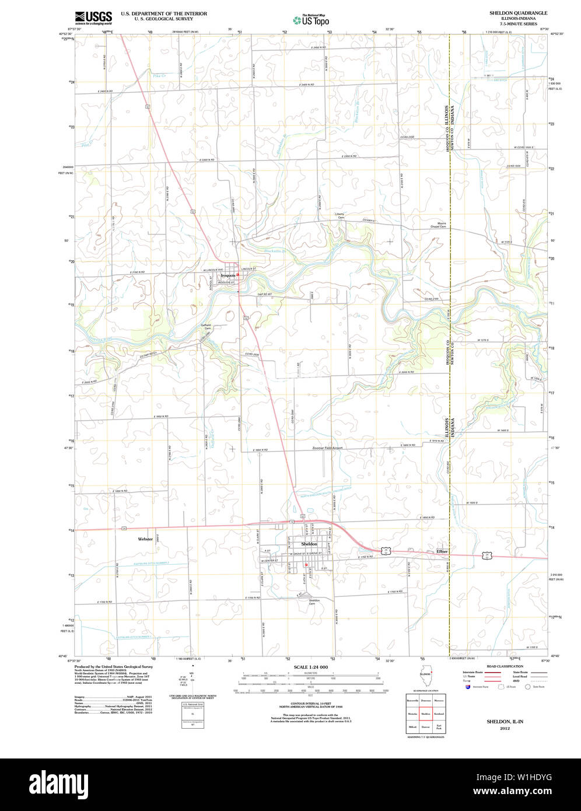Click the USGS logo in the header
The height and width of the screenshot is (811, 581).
[x=93, y=18]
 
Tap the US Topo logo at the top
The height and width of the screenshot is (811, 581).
[x=311, y=20]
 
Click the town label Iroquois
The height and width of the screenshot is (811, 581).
[x=228, y=275]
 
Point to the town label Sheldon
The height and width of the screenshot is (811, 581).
[x=309, y=544]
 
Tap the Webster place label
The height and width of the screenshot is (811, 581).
[x=145, y=539]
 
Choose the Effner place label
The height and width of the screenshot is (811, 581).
[x=442, y=551]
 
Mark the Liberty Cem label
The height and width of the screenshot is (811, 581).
[x=340, y=215]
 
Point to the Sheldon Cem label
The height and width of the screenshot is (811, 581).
[x=314, y=602]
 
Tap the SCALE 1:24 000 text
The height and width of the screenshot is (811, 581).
[x=310, y=667]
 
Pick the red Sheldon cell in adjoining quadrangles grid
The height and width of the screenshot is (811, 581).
[x=426, y=713]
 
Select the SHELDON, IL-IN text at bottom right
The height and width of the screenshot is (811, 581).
[x=505, y=722]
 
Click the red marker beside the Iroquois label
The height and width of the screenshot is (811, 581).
[x=238, y=274]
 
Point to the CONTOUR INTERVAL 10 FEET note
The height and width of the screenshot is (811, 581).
[x=310, y=702]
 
